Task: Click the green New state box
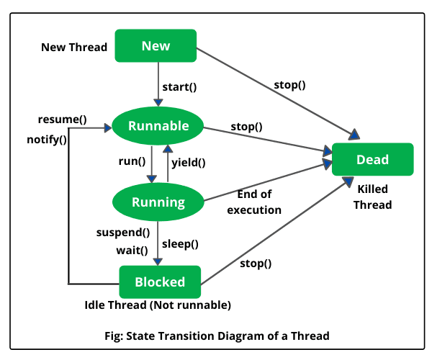point(156,46)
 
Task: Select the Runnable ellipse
point(158,127)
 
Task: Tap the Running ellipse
point(158,202)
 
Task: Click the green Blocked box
point(160,282)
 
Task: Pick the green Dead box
point(372,160)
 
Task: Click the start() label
point(179,87)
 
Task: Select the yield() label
point(189,163)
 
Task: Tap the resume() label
point(63,119)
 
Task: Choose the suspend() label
point(123,233)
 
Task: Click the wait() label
point(132,250)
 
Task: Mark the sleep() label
point(181,243)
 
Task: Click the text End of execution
point(253,202)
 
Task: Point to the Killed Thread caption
point(372,197)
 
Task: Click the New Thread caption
point(74,48)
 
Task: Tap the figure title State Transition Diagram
point(216,335)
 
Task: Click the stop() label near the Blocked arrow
point(256,264)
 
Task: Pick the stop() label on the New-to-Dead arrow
point(289,84)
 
